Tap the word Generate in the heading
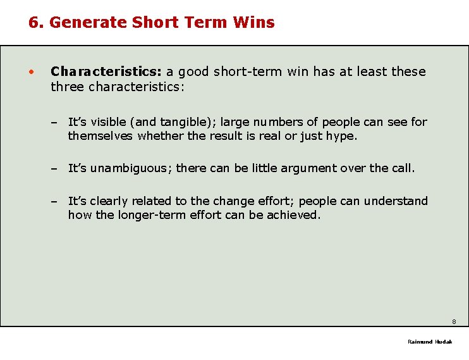pyautogui.click(x=88, y=23)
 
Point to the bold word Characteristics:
pyautogui.click(x=107, y=71)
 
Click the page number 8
pyautogui.click(x=454, y=321)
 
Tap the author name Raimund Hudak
pyautogui.click(x=430, y=342)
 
